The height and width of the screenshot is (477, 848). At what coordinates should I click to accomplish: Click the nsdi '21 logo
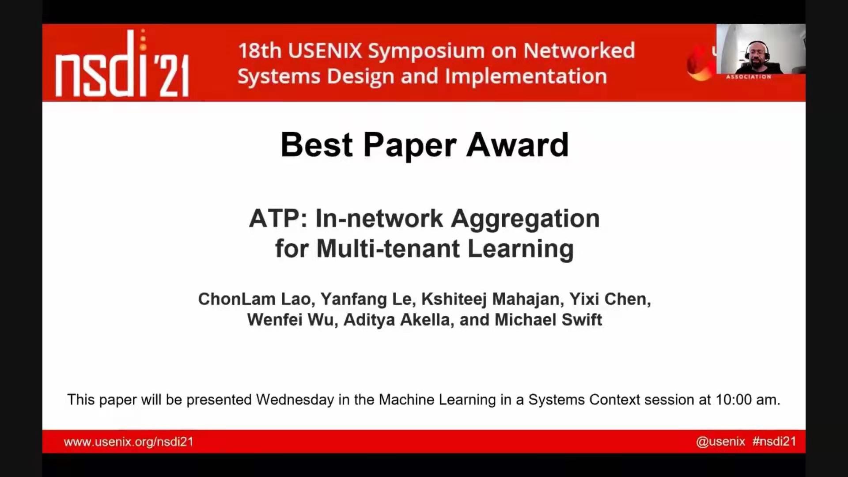(x=122, y=63)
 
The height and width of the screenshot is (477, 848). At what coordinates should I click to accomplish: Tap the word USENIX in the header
(x=325, y=51)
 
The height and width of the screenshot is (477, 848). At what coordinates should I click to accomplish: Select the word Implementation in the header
(x=526, y=76)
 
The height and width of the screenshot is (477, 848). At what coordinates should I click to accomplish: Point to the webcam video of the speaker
(x=761, y=49)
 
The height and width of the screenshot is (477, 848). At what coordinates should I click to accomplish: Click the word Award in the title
(x=517, y=145)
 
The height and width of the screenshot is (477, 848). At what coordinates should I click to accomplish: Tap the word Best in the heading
(x=317, y=145)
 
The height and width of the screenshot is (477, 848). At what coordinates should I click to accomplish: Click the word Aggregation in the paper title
(x=525, y=220)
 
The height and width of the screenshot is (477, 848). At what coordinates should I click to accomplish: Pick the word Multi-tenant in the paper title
(x=388, y=248)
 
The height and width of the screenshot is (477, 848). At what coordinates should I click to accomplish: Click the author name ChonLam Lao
(x=254, y=299)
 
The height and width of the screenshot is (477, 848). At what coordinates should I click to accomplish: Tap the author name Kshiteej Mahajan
(x=490, y=299)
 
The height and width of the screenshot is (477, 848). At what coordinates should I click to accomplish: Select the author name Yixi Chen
(x=608, y=299)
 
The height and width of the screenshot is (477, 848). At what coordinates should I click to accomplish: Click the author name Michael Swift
(x=548, y=320)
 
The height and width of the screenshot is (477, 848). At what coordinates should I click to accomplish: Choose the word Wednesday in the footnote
(x=295, y=400)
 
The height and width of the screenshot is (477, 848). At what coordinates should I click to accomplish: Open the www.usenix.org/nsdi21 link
(x=129, y=442)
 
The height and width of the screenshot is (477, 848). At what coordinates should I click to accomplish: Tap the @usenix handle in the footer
(x=720, y=442)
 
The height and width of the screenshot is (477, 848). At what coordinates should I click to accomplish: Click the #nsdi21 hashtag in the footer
(x=774, y=441)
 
